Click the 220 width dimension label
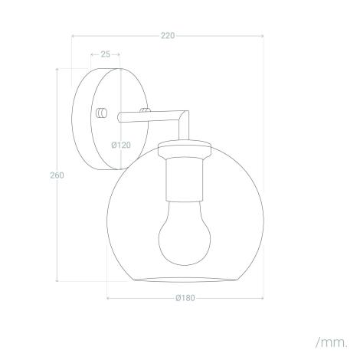click(x=167, y=35)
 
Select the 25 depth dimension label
click(x=105, y=54)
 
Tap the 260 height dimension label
click(x=56, y=175)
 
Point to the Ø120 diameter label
click(x=119, y=143)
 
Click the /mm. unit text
click(x=330, y=340)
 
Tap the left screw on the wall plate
click(x=100, y=113)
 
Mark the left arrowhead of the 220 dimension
click(x=74, y=35)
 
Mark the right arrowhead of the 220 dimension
click(x=262, y=35)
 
